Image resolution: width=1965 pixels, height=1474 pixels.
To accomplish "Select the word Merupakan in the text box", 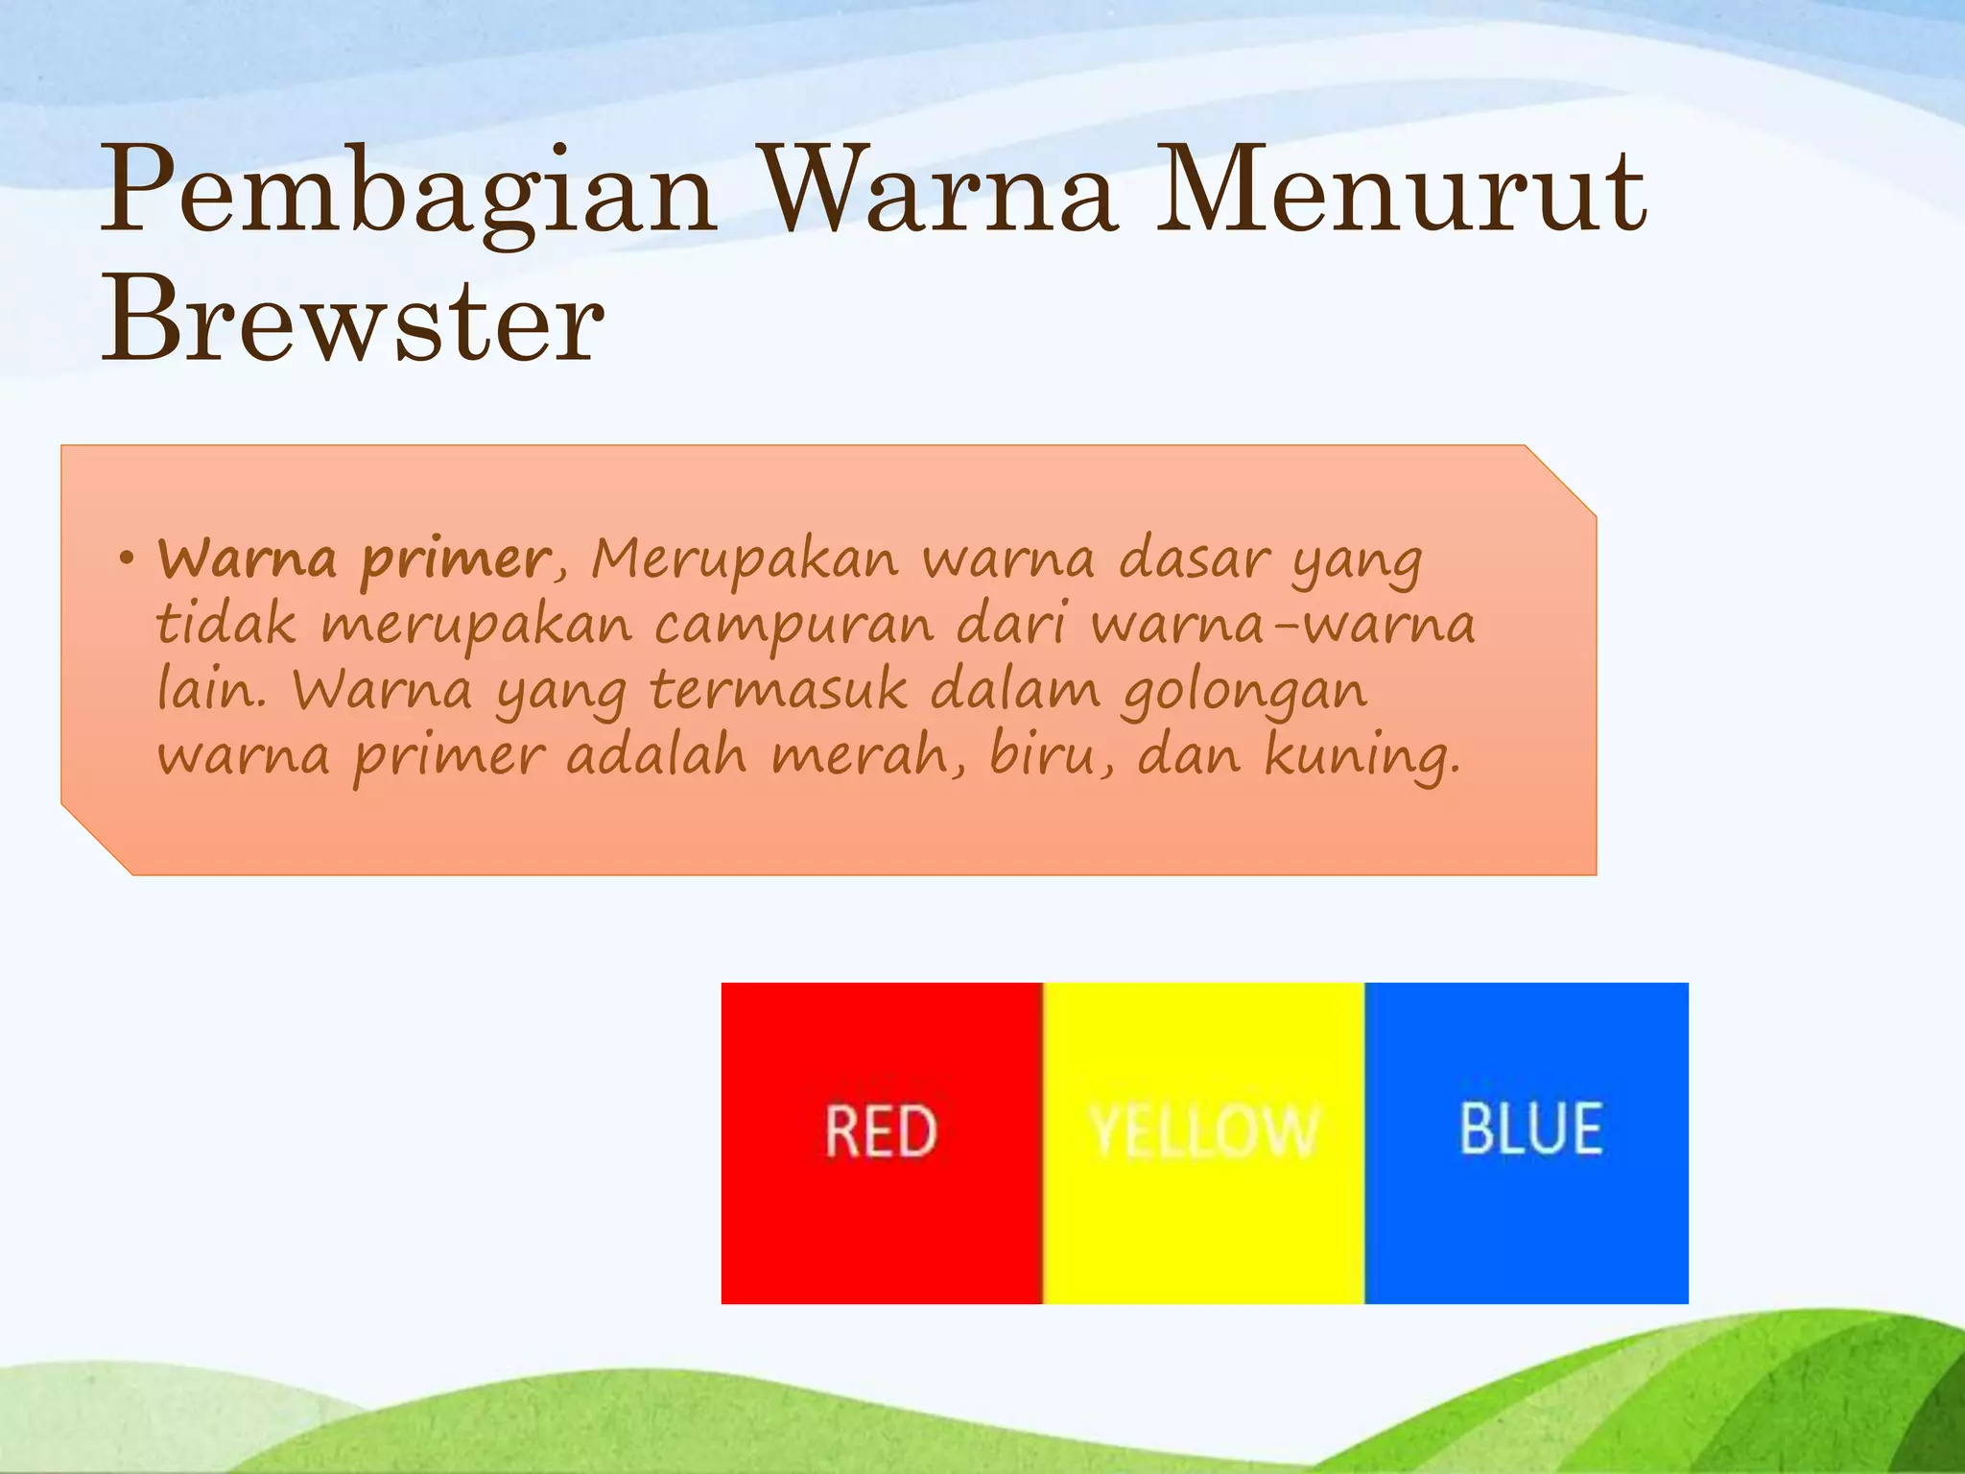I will [x=744, y=559].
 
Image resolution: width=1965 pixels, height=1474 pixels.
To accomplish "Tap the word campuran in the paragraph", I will [x=793, y=626].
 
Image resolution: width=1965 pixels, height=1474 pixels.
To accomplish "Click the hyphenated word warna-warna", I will [x=1282, y=626].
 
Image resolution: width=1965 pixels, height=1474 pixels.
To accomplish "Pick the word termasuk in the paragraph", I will [x=777, y=690].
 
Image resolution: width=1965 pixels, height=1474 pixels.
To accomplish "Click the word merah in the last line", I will [x=868, y=756].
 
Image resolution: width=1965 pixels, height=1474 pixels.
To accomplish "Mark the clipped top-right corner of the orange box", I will [x=1562, y=480].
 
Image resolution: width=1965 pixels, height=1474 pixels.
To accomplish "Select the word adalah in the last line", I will [x=655, y=756].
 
